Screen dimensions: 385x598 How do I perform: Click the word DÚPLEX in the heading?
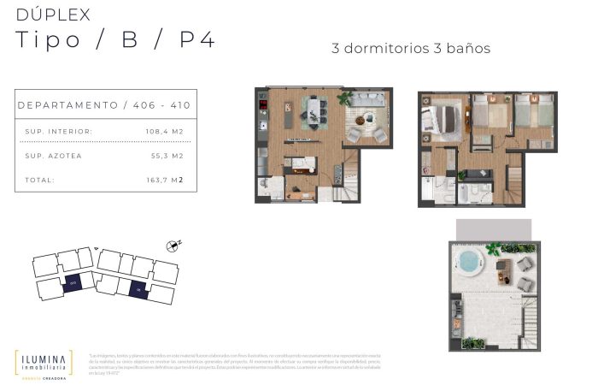53,15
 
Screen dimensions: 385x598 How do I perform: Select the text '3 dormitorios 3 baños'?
410,48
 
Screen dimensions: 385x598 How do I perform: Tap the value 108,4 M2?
164,131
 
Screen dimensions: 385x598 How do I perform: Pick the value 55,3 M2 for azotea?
166,156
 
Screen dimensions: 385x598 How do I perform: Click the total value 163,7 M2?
166,180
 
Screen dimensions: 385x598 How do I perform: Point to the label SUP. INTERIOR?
59,131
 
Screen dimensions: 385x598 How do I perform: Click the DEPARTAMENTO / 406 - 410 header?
104,105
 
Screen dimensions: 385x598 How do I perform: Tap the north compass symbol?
174,246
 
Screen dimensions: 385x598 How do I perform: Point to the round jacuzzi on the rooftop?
470,260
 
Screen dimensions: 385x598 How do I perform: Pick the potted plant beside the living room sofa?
345,98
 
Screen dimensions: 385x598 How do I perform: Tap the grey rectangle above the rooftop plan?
494,229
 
